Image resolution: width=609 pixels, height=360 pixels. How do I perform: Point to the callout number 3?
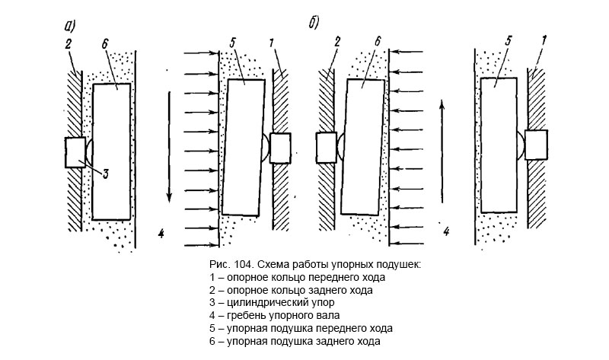click(106, 173)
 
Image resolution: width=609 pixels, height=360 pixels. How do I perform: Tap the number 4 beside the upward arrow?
click(447, 229)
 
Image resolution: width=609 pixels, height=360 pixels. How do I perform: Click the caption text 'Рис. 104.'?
click(229, 264)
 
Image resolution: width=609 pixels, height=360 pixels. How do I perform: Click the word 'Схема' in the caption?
click(273, 264)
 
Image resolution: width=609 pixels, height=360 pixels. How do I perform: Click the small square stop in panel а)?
click(76, 152)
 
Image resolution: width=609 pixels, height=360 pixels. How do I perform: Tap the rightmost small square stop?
click(536, 144)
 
